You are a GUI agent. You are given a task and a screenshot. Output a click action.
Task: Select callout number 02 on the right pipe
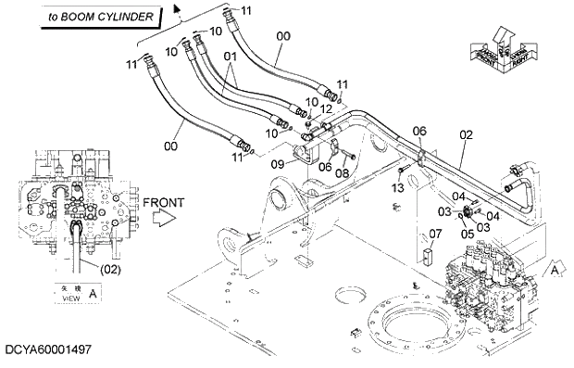pyautogui.click(x=466, y=134)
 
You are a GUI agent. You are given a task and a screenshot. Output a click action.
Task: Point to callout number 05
pyautogui.click(x=466, y=234)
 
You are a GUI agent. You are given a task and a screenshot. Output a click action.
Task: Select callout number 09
pyautogui.click(x=277, y=164)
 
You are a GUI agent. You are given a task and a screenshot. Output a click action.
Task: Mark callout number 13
pyautogui.click(x=398, y=188)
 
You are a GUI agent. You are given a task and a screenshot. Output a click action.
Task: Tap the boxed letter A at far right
pyautogui.click(x=554, y=269)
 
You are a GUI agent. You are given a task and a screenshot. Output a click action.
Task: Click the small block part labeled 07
pyautogui.click(x=428, y=253)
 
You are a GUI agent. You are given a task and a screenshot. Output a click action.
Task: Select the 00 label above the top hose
pyautogui.click(x=283, y=36)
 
